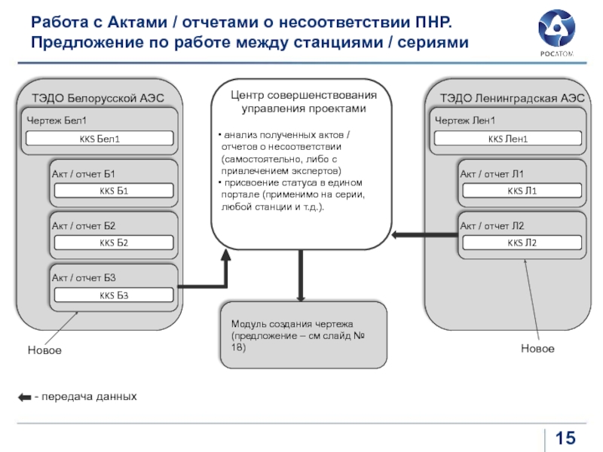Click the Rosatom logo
click(x=556, y=33)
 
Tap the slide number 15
click(x=565, y=438)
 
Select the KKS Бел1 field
click(x=99, y=139)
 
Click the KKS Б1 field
click(x=114, y=191)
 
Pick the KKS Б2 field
click(x=114, y=243)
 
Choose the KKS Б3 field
click(x=114, y=295)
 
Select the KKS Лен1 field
click(x=507, y=139)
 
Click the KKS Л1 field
click(x=522, y=191)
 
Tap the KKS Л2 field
click(x=522, y=243)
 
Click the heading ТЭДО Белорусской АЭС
click(x=98, y=98)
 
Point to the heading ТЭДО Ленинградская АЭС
click(x=513, y=98)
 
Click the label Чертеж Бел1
click(x=57, y=121)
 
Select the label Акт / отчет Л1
click(x=492, y=174)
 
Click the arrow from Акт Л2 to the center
click(x=425, y=235)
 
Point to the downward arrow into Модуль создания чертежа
click(x=301, y=276)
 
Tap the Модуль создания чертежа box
click(x=304, y=335)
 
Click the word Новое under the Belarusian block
click(x=44, y=350)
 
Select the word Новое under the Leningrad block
click(x=537, y=349)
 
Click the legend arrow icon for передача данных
click(x=25, y=397)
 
